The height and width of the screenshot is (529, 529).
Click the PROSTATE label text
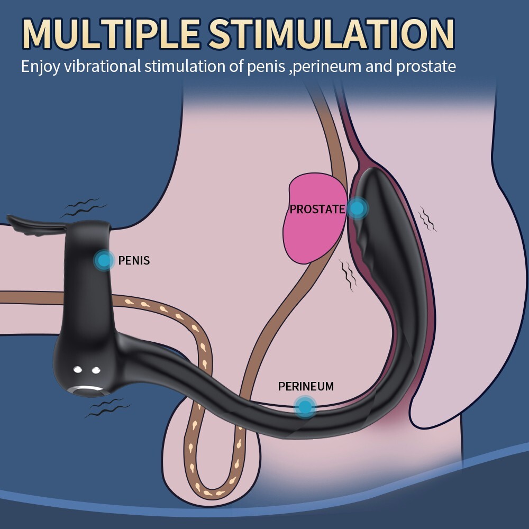pos(317,209)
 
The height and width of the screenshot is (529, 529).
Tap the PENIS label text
pos(134,260)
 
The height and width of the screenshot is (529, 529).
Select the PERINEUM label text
pos(306,386)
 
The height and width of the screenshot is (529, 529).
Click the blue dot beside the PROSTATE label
pos(358,208)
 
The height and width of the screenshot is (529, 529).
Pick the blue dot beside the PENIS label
pos(104,260)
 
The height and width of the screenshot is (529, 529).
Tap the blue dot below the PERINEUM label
pos(305,406)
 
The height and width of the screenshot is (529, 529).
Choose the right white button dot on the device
pos(96,370)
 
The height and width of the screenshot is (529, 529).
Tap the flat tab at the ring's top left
pos(26,222)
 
